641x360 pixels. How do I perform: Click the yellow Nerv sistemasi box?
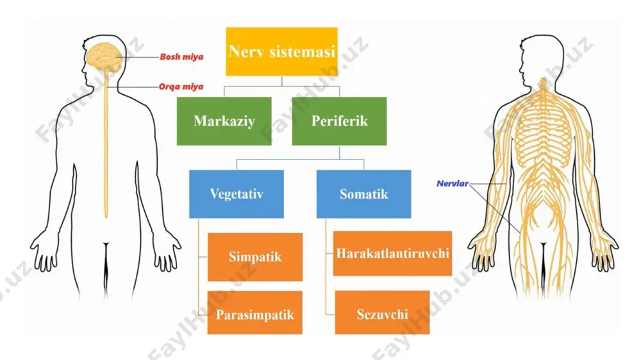pos(281,51)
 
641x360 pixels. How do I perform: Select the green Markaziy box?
pos(224,121)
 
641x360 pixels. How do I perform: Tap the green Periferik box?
pos(339,121)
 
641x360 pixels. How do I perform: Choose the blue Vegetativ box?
pos(237,193)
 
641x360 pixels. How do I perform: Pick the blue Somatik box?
pos(364,193)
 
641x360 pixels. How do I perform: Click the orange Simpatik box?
pos(255,257)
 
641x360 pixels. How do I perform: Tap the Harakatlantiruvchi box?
pos(392,254)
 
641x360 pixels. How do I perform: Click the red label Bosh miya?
pos(181,57)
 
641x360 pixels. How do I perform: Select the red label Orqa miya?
pos(181,86)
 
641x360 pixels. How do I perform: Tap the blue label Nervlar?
pos(452,183)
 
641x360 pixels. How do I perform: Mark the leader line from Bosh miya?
pos(138,57)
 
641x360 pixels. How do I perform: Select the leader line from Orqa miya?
pos(133,87)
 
